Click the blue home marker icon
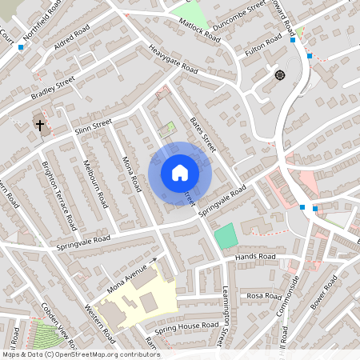pos(180,173)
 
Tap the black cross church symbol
pos(39,125)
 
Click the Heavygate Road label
pos(173,59)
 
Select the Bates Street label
pos(204,134)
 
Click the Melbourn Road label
pos(95,182)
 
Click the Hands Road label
pos(255,257)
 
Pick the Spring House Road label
pos(186,326)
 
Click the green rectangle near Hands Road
pos(226,236)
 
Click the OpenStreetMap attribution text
pos(80,354)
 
